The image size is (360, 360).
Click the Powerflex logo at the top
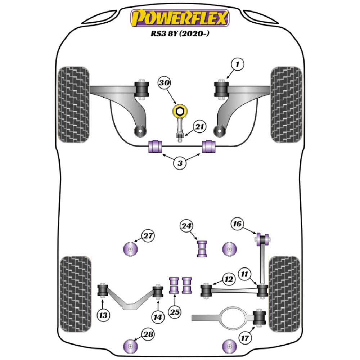(x=180, y=18)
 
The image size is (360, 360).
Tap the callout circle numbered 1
(x=237, y=65)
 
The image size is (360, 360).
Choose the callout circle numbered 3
(x=180, y=163)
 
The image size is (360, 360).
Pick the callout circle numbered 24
(x=187, y=226)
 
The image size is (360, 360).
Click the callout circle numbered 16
(x=237, y=224)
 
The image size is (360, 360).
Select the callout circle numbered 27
(x=148, y=236)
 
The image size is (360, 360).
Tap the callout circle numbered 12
(x=229, y=279)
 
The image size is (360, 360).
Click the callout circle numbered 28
(x=148, y=334)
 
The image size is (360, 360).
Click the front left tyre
(x=73, y=104)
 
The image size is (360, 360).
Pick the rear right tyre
(x=284, y=293)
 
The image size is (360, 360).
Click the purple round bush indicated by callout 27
(x=130, y=249)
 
